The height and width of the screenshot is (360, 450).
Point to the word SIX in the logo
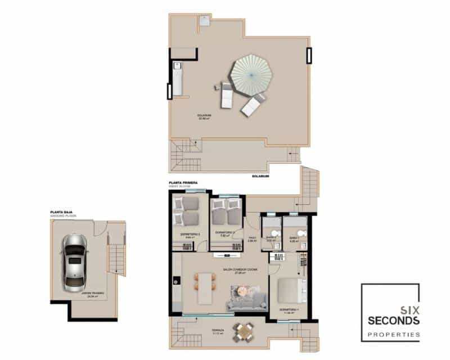(408, 309)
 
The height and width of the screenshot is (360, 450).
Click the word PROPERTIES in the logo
(393, 335)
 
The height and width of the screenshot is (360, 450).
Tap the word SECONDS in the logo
(393, 321)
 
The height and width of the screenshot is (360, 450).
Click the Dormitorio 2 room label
(224, 233)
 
